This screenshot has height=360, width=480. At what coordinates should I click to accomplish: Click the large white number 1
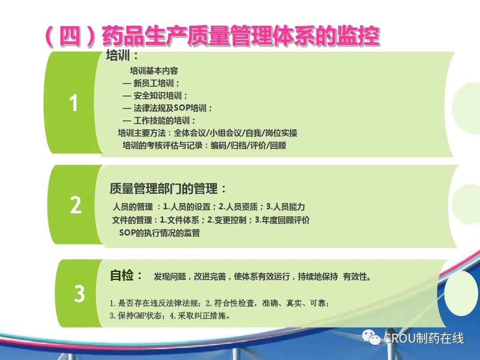click(73, 103)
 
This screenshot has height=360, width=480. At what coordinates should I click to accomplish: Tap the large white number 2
click(76, 205)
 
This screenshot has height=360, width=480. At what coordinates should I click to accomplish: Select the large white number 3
click(79, 294)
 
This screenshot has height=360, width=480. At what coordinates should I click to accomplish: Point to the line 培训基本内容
click(154, 71)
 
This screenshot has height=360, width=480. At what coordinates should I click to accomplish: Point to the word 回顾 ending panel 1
click(278, 145)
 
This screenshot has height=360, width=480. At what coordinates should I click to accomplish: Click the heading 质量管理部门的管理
click(164, 188)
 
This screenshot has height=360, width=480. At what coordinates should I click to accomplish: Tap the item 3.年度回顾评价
click(282, 220)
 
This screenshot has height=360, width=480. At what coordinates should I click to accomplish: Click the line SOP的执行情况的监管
click(160, 233)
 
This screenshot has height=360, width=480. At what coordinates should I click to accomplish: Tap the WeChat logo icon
click(371, 338)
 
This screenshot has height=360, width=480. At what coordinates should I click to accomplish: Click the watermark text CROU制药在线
click(424, 338)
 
